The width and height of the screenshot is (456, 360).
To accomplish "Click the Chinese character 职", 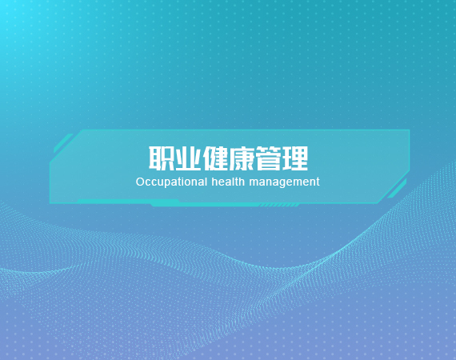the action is point(162,158).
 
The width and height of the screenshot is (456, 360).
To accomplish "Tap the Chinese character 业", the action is point(188,158).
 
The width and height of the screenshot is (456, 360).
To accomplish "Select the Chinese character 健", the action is point(215,158).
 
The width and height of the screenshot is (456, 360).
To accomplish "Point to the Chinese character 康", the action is point(242,158).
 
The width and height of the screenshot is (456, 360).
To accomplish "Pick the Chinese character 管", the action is point(269,158).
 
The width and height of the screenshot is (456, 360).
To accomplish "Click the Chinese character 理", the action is point(295,158).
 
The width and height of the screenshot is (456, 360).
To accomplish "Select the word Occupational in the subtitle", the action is point(171,182).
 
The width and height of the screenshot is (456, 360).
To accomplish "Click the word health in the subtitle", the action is point(228,182).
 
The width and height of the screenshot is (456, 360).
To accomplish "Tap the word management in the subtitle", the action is point(285,182).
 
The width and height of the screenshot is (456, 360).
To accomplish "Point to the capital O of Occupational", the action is point(140,182).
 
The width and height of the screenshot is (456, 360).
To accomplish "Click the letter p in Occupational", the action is point(170,183).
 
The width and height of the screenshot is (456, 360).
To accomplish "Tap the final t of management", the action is point(318,182).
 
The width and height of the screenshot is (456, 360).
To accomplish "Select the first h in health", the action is point(214,182).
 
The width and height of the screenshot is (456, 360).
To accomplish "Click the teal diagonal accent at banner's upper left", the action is point(63,143).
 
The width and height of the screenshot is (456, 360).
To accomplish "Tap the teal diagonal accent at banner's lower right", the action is point(397,189).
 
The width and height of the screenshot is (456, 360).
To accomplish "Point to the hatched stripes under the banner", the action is point(279,206).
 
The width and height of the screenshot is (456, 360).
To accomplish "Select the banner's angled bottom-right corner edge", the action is point(394,186).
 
